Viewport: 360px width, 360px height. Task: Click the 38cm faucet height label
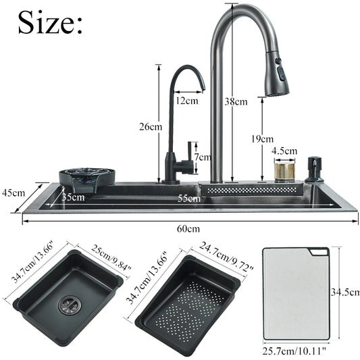[236, 102]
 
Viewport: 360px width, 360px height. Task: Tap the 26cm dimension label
[151, 126]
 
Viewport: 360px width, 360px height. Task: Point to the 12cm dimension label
[186, 101]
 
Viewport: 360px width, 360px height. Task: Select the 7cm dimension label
[201, 157]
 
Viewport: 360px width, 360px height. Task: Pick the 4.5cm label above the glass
[284, 151]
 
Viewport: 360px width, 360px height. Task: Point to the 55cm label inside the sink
[189, 198]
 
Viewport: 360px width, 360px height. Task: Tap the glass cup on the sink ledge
[284, 172]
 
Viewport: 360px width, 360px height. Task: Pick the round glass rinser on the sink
[86, 178]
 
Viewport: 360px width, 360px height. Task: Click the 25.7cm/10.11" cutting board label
[296, 350]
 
